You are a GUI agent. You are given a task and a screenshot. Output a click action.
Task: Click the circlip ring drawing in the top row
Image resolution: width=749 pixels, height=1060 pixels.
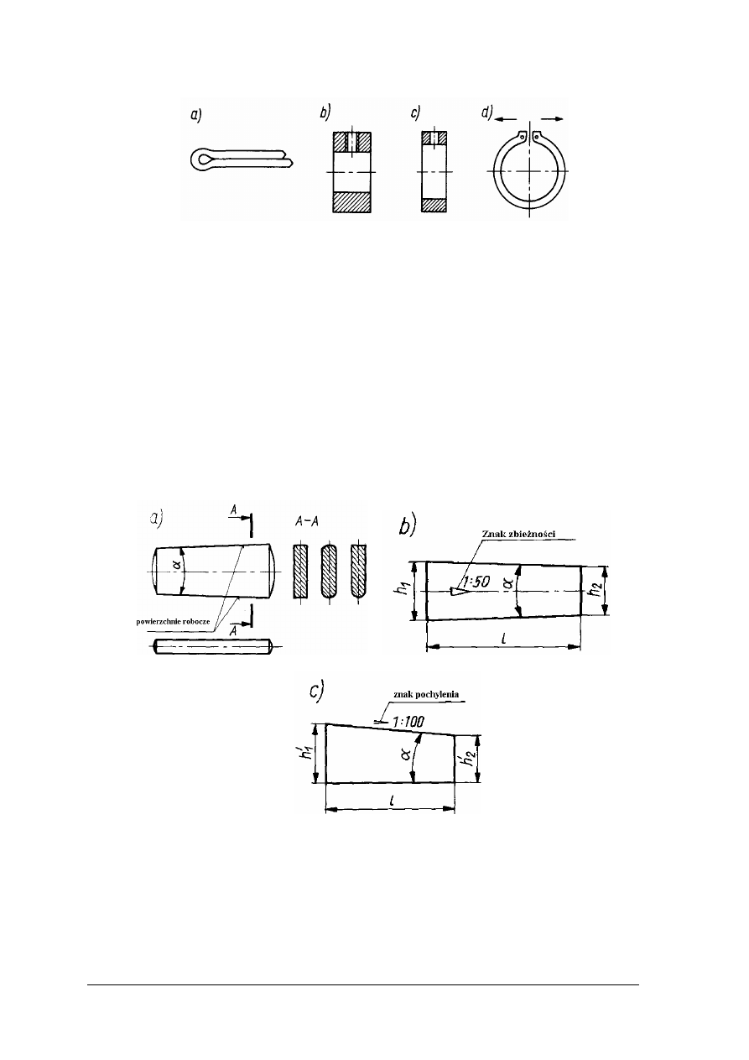pos(529,171)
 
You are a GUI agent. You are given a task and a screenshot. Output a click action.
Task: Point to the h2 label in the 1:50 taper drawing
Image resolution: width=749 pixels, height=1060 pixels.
pos(595,590)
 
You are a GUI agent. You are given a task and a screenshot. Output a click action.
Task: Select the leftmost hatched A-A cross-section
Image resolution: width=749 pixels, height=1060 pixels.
pos(301,572)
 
